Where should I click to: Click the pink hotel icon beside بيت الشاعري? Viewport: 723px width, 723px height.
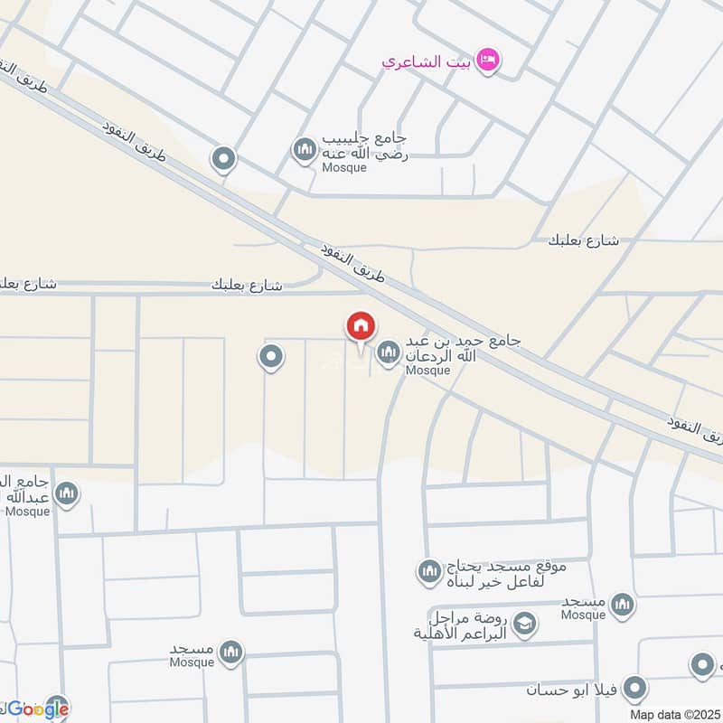[x=489, y=61]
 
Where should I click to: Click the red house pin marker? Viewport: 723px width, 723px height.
[x=360, y=326]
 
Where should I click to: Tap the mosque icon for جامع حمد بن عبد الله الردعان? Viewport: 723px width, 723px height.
[x=389, y=352]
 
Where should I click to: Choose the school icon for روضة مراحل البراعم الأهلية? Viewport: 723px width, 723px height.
[x=524, y=623]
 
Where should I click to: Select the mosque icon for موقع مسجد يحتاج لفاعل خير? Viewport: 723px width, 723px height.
[x=428, y=571]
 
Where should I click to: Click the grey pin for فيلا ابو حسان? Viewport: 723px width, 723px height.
[x=636, y=689]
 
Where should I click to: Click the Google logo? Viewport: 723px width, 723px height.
[x=37, y=709]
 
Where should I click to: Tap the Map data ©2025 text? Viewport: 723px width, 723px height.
[x=674, y=714]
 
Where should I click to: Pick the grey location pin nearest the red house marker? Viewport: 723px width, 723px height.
[x=270, y=358]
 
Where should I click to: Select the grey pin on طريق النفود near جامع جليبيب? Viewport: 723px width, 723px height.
[x=223, y=160]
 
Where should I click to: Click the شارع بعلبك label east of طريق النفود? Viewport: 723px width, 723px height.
[x=583, y=240]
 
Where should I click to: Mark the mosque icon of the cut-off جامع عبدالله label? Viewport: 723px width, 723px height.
[x=66, y=493]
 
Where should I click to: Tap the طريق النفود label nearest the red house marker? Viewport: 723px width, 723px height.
[x=353, y=260]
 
